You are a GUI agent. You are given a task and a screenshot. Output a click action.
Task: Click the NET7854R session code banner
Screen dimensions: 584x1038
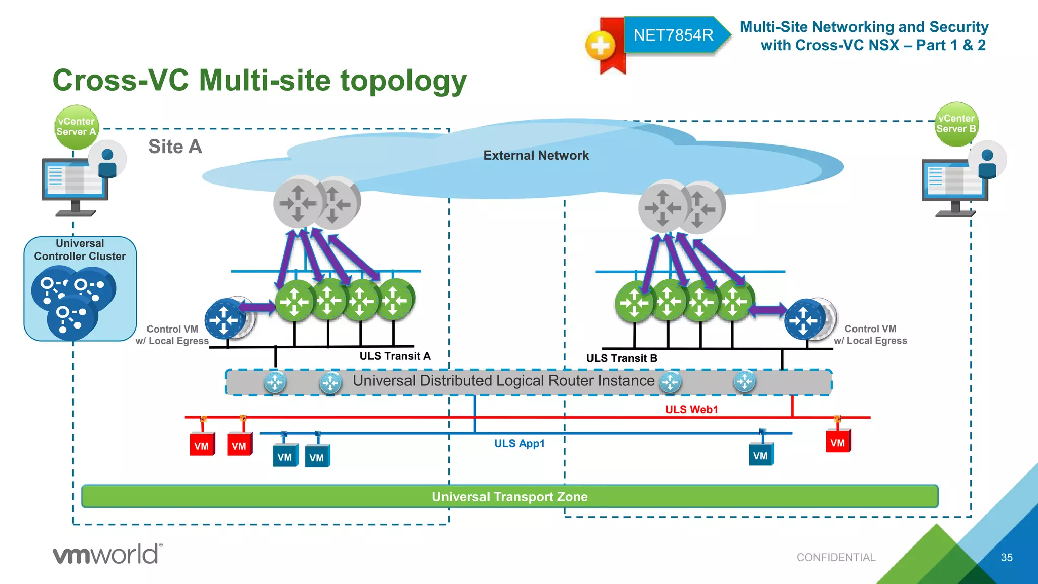(x=673, y=35)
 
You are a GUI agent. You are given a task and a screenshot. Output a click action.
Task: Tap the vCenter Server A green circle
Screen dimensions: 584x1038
(x=76, y=127)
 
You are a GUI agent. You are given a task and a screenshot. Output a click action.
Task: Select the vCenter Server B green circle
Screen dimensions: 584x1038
(x=956, y=124)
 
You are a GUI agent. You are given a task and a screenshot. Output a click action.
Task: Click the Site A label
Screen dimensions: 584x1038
(x=175, y=147)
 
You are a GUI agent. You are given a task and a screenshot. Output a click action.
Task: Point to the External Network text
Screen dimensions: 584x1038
(x=536, y=155)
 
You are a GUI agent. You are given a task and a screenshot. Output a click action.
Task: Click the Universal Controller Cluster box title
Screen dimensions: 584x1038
(x=80, y=250)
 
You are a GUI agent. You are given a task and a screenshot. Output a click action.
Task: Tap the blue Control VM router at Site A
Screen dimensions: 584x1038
(x=225, y=319)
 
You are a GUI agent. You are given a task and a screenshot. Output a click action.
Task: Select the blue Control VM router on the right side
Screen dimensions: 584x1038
(x=804, y=319)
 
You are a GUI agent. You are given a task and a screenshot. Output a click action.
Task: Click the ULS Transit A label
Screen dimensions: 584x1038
(x=395, y=356)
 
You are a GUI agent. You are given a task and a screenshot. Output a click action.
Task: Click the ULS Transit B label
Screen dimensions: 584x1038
(x=621, y=358)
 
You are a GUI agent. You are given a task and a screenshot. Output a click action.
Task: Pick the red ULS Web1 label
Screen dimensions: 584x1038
(x=691, y=409)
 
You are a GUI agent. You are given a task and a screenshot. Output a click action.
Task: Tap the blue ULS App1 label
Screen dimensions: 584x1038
(x=519, y=443)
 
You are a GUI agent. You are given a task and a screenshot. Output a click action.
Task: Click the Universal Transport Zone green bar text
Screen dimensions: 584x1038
(x=509, y=497)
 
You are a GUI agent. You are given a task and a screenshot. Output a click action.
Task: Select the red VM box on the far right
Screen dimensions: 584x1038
(x=838, y=442)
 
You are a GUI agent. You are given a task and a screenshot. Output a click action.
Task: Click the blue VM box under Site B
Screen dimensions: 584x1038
(x=760, y=455)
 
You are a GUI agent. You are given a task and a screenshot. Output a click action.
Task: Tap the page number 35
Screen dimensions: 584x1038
(x=1007, y=557)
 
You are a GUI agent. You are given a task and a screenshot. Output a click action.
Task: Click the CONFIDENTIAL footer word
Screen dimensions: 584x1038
(x=836, y=557)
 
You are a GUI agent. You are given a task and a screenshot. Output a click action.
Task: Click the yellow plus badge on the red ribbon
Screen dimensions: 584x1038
(x=601, y=46)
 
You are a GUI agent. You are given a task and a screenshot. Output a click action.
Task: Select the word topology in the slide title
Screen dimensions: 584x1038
(x=403, y=81)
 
